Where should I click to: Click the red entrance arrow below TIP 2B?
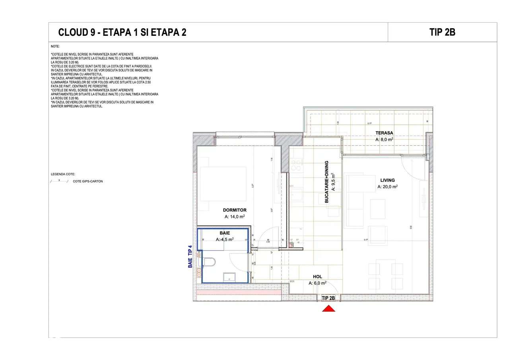[x=328, y=308]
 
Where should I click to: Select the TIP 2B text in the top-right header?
[x=442, y=32]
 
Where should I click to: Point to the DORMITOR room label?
[x=235, y=210]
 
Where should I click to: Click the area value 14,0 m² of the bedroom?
[x=235, y=217]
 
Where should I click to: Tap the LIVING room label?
[x=387, y=180]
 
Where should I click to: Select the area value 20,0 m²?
[x=387, y=187]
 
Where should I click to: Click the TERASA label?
[x=384, y=133]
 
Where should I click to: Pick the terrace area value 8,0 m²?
[x=384, y=140]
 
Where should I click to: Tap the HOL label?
[x=317, y=276]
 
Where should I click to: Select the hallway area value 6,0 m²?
[x=317, y=283]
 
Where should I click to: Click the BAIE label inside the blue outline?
[x=225, y=233]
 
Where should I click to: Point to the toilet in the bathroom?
[x=209, y=262]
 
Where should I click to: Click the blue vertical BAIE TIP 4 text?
[x=190, y=256]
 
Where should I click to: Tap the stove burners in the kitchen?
[x=296, y=165]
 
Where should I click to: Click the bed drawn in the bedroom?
[x=223, y=183]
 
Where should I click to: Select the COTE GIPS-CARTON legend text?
[x=87, y=181]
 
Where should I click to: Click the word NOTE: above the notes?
[x=55, y=47]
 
